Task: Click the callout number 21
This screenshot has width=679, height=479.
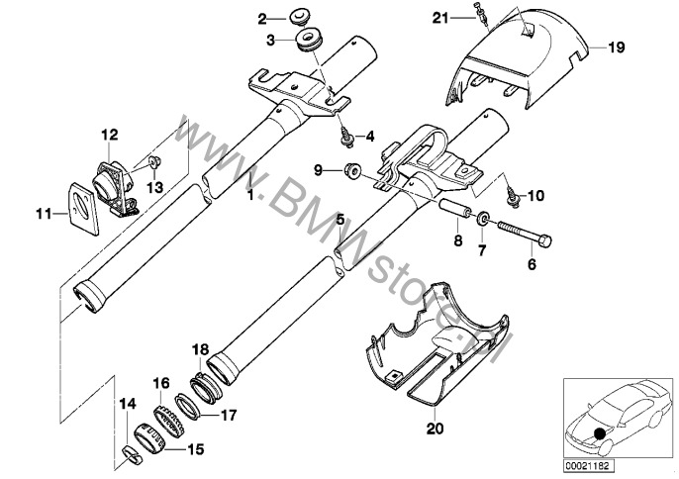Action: (439, 18)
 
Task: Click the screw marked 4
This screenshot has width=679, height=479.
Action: (346, 139)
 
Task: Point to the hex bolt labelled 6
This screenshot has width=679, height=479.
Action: (525, 234)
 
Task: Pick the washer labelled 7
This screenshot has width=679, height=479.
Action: (483, 219)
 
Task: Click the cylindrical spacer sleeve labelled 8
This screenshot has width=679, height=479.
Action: (458, 209)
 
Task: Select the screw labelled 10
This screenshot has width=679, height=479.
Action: (514, 197)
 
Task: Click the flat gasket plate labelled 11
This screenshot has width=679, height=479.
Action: (83, 209)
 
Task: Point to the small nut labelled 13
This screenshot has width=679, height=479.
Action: (153, 162)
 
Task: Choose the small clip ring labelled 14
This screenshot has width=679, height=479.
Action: (132, 456)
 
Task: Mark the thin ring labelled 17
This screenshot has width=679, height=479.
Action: (187, 406)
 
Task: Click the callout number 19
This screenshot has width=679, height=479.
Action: (617, 47)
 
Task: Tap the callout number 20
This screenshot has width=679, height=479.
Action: (436, 429)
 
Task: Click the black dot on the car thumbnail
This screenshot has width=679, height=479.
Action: (600, 433)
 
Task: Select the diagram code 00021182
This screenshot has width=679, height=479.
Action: (589, 466)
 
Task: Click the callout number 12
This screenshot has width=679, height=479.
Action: (110, 135)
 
